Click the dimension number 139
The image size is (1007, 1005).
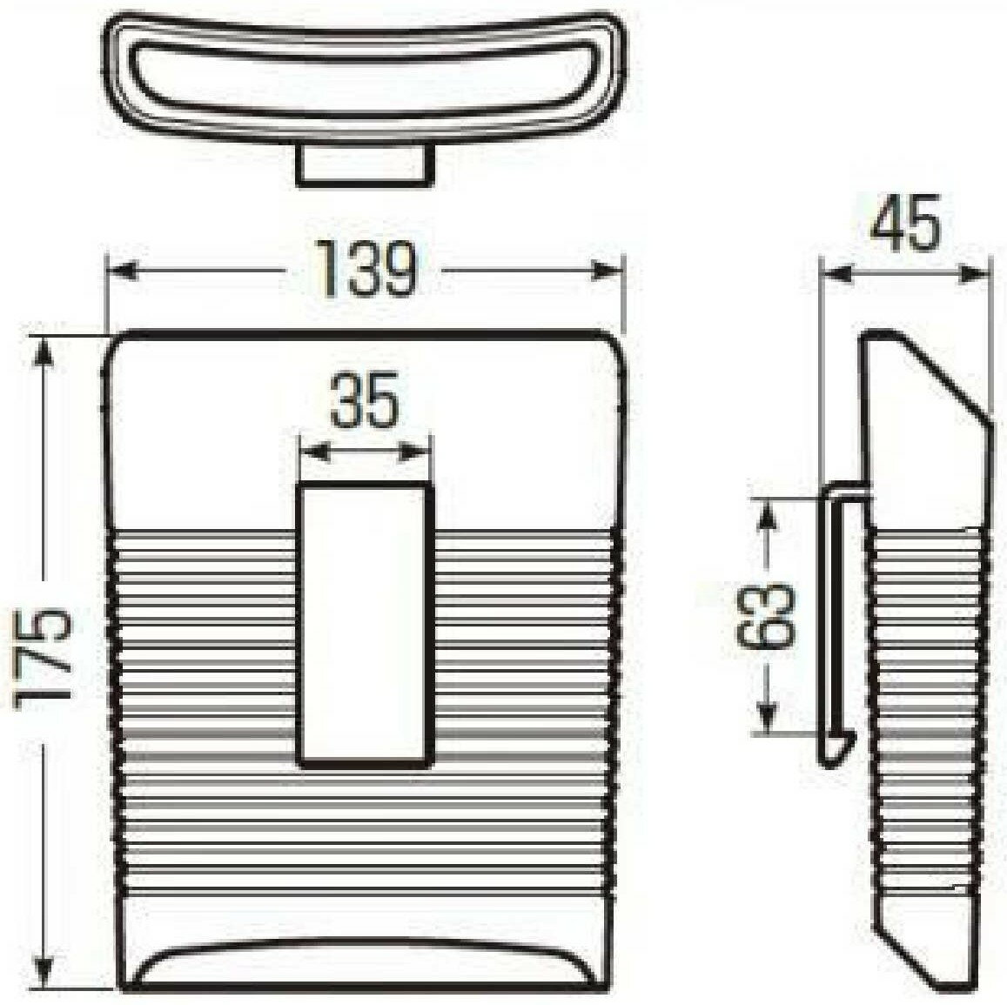[367, 268]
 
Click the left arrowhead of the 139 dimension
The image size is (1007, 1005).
[122, 271]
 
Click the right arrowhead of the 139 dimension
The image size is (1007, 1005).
[608, 271]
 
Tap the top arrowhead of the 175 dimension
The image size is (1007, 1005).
[44, 352]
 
